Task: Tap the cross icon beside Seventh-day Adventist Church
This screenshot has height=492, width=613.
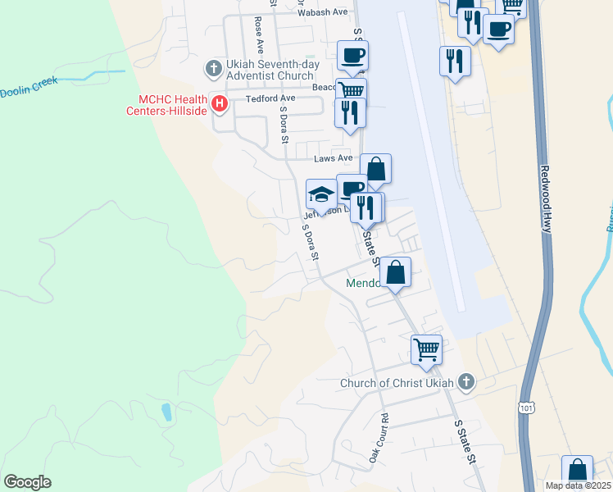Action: pyautogui.click(x=213, y=67)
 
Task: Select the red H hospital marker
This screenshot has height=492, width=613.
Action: pyautogui.click(x=220, y=103)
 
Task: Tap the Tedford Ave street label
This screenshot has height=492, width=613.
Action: pyautogui.click(x=270, y=98)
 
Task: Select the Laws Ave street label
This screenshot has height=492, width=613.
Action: pyautogui.click(x=334, y=158)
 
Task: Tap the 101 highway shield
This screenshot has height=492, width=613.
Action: pyautogui.click(x=527, y=408)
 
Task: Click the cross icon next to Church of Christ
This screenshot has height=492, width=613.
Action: pyautogui.click(x=466, y=381)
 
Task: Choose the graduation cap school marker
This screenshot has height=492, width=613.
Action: pyautogui.click(x=321, y=194)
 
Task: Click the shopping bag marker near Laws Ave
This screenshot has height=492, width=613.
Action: pyautogui.click(x=375, y=169)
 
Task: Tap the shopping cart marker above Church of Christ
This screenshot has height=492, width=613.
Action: pyautogui.click(x=426, y=349)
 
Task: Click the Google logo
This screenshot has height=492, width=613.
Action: pyautogui.click(x=27, y=482)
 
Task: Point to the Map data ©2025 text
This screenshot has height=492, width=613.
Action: pyautogui.click(x=579, y=485)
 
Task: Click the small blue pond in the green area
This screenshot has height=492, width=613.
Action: pyautogui.click(x=166, y=411)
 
